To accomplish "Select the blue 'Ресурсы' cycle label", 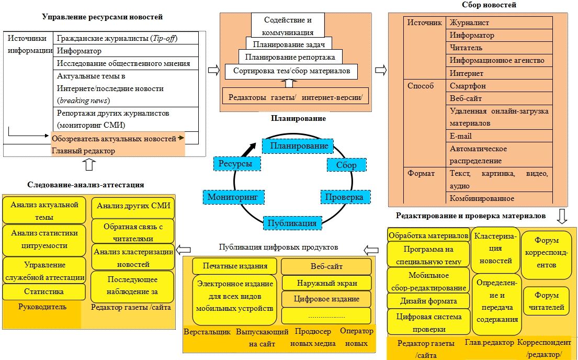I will point(236,164).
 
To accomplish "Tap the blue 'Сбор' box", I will point(346,165).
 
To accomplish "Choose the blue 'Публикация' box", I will point(292,223).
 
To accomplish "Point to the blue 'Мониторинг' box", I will point(233,197).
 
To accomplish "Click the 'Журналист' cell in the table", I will point(500,23).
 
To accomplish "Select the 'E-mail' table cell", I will point(500,136).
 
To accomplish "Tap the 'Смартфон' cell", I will point(500,86).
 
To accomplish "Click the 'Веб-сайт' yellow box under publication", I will point(326,267).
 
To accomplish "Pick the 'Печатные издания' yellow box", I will point(235,266).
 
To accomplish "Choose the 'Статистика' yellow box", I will point(44,291).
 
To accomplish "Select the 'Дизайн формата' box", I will point(428,301).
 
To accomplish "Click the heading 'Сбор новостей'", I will point(482,5).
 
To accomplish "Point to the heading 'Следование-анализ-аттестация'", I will point(85,185).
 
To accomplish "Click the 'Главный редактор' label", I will point(84,151).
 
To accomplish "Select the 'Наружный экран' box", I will point(326,283).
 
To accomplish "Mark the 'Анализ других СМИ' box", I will point(133,206).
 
